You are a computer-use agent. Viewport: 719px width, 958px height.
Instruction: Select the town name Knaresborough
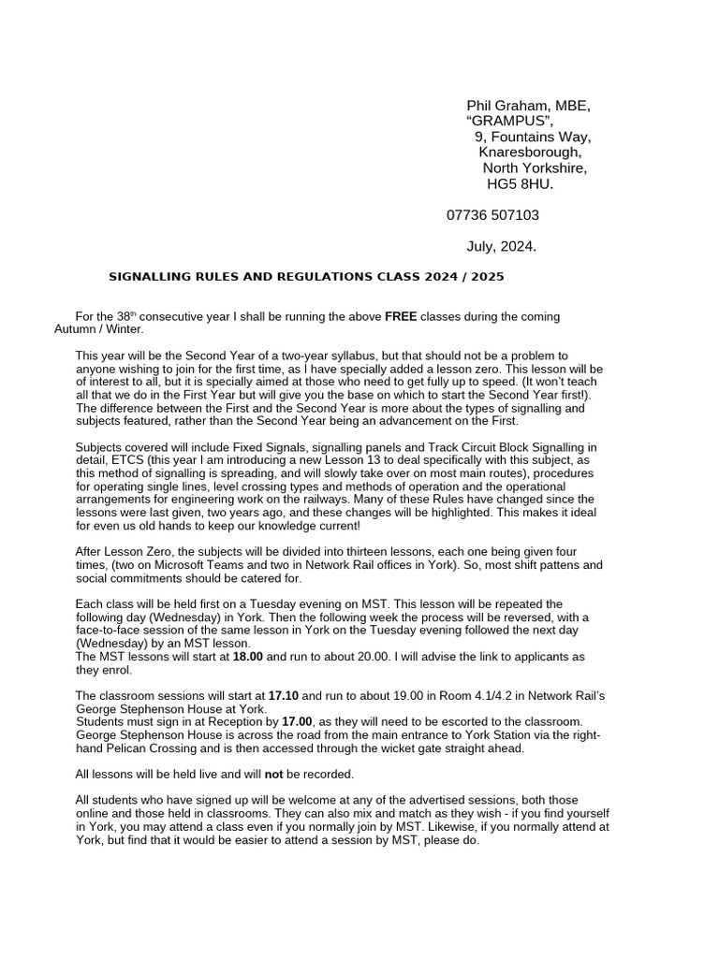(x=530, y=152)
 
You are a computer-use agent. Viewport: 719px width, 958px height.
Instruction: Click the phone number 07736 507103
(x=492, y=215)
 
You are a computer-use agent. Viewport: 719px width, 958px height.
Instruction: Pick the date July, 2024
(x=502, y=246)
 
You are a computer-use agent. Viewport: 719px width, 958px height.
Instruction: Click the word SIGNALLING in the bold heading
(x=151, y=277)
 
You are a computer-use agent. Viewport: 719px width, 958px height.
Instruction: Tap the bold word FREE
(x=401, y=317)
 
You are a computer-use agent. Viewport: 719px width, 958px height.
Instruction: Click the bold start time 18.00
(x=248, y=657)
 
